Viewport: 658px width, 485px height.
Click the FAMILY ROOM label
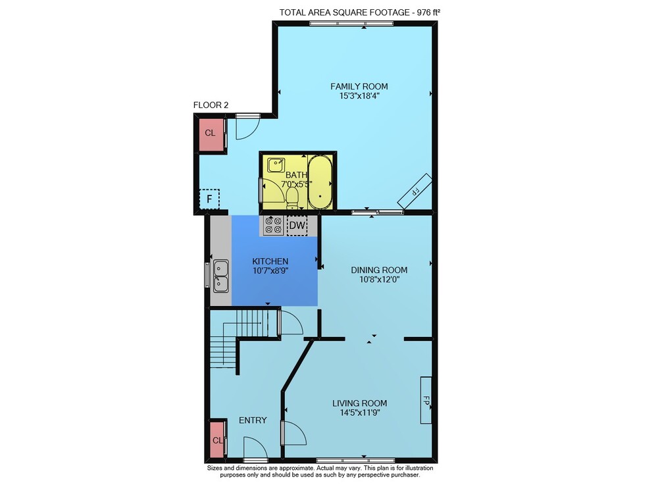tap(359, 86)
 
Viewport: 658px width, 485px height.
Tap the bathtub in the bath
tap(320, 182)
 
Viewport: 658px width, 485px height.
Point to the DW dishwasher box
tap(297, 225)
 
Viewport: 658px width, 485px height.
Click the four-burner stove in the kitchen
tap(273, 225)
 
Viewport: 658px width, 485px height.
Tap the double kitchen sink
tap(220, 276)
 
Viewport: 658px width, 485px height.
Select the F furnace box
tap(209, 198)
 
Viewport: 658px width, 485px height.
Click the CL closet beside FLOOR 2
tap(211, 134)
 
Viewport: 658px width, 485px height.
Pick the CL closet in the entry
tap(217, 440)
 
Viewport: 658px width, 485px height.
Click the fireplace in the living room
tap(426, 400)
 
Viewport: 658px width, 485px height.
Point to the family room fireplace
tap(415, 191)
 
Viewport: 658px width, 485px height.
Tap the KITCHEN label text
tap(270, 261)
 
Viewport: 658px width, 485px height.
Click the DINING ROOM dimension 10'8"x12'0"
tap(380, 280)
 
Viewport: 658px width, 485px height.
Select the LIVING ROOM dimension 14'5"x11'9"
tap(360, 413)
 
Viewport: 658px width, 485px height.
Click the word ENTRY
tap(253, 421)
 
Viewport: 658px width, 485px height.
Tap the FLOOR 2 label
tap(211, 105)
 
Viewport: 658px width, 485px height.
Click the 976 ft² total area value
tap(428, 13)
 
